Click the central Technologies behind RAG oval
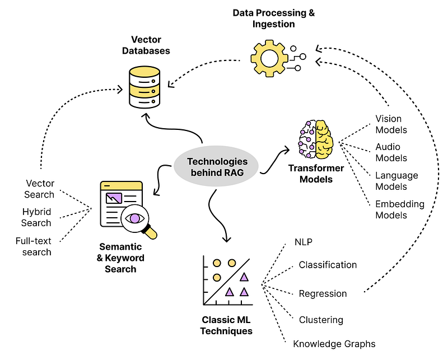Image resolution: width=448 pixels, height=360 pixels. coord(216,167)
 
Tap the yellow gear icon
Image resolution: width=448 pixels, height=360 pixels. coord(269,58)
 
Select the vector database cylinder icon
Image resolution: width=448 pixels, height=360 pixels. coord(144,87)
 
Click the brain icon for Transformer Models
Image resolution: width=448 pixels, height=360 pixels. coord(315,139)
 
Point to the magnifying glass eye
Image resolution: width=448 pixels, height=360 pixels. coord(134,218)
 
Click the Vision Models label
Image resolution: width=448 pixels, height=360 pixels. coord(391,124)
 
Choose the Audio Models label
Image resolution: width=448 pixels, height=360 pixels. coord(391,152)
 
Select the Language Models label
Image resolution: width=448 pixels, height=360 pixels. coord(396,181)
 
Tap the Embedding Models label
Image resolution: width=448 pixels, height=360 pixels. coord(400,209)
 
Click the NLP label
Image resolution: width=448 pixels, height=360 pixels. coord(304,242)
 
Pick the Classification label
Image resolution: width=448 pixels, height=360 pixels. coord(328,265)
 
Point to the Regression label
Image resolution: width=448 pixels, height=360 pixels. coord(323,294)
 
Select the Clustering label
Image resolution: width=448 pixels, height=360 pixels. coord(321,320)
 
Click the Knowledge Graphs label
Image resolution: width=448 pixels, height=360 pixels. coord(334,344)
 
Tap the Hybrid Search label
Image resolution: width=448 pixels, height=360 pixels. coord(36,217)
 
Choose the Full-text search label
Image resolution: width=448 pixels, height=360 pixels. coord(34,246)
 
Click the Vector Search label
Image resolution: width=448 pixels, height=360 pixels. coord(39,189)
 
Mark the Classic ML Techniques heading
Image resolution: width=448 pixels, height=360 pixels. coord(226,325)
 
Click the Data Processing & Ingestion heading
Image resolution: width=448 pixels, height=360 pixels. coord(274,18)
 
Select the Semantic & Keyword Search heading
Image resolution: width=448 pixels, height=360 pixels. coord(120,258)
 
